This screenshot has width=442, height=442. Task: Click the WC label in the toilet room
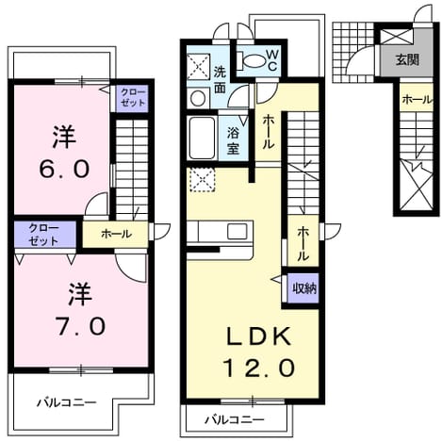coord(272,60)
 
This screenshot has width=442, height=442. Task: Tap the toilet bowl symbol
coord(251,60)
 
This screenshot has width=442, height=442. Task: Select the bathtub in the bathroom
coord(202,138)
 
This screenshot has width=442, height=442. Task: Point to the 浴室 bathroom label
coord(234,140)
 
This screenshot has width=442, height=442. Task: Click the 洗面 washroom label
coord(220,80)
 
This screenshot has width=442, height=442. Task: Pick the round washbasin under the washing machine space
coord(198,98)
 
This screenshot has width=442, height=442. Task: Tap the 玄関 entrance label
coord(407,59)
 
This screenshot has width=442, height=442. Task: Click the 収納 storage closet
coord(303,288)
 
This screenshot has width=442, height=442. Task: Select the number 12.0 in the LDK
coord(259,368)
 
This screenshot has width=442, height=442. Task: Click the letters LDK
coord(258,336)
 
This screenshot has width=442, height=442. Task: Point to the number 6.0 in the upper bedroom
coord(64,169)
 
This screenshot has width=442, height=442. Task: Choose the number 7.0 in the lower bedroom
coord(80,326)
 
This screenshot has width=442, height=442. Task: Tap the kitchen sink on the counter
coord(237,232)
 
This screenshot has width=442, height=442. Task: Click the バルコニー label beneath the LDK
coord(235,419)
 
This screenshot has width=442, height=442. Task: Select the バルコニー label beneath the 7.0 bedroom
coord(67,402)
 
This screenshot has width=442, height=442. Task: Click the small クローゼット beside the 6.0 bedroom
coord(133,98)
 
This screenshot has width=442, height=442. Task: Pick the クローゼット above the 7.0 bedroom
coord(44,235)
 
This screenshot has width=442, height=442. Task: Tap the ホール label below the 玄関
coord(417,100)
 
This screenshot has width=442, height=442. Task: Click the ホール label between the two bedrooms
coord(116,234)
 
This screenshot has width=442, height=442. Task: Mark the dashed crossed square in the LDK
coord(201,180)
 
